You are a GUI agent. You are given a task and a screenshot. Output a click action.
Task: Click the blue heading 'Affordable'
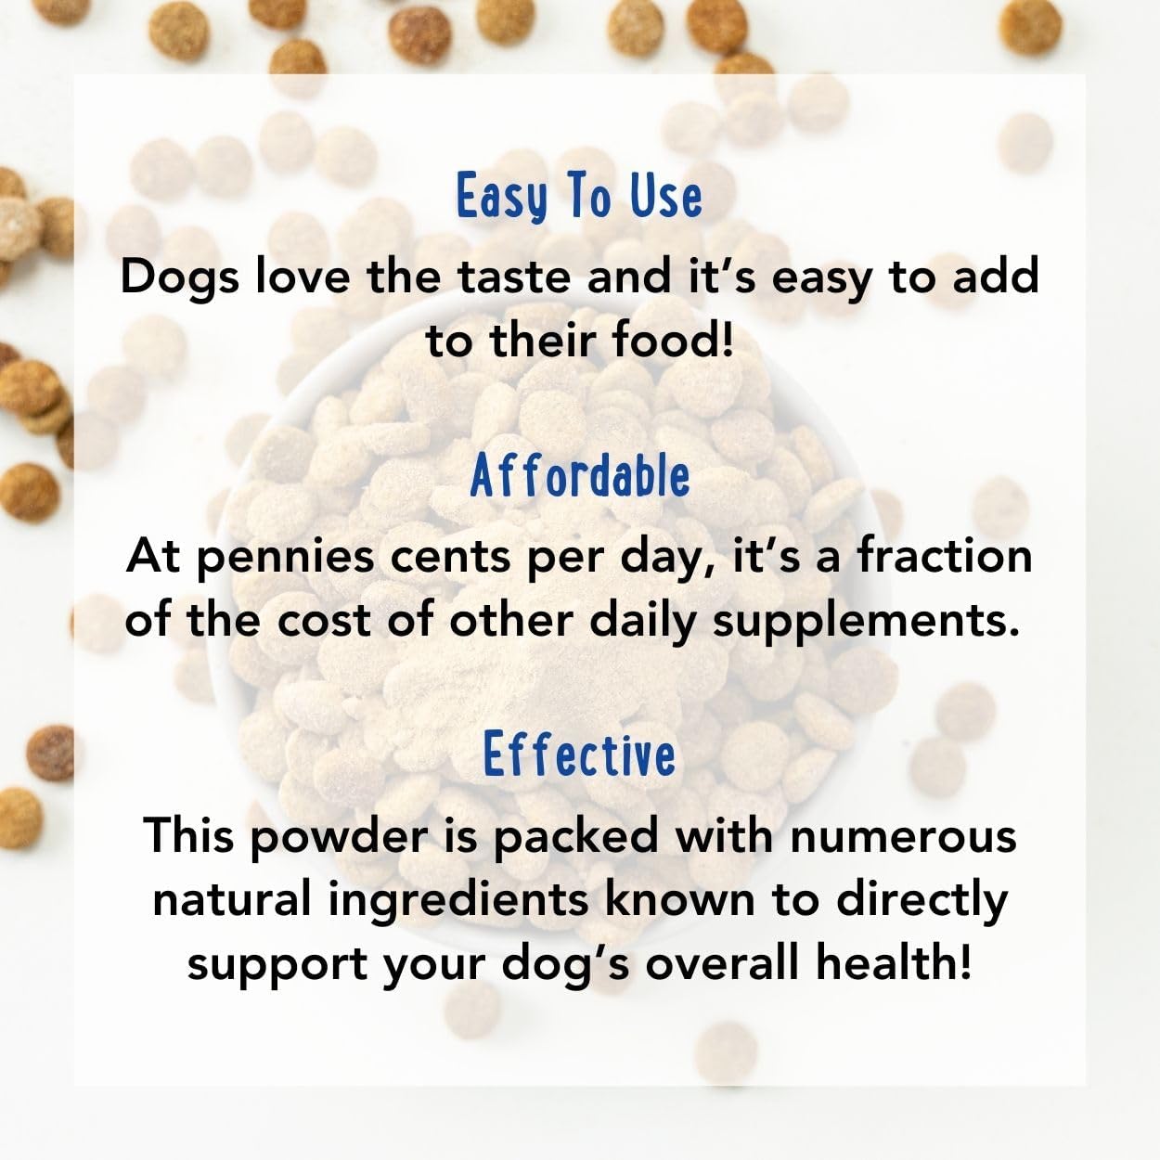(x=580, y=477)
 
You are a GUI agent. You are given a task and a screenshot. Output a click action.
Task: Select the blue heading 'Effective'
(x=580, y=754)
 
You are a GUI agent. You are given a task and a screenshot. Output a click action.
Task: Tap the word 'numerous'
(x=903, y=834)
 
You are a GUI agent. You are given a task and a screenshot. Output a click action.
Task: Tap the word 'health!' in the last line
(x=894, y=963)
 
